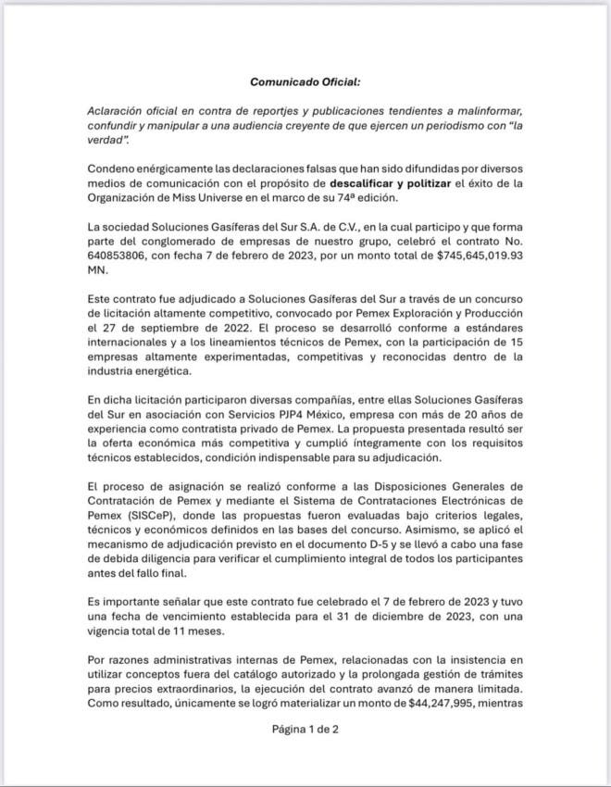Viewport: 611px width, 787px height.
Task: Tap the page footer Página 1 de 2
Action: click(305, 729)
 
